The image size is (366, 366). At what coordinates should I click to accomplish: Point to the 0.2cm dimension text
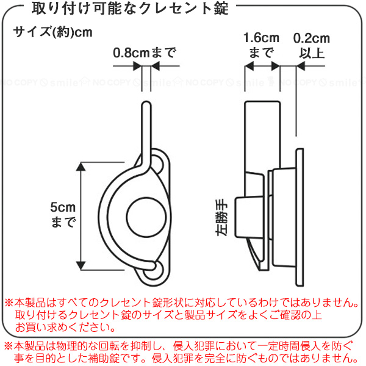click(x=311, y=38)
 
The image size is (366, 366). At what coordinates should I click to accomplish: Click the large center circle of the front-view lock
click(x=146, y=217)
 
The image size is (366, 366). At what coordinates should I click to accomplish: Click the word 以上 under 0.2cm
click(x=311, y=52)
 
